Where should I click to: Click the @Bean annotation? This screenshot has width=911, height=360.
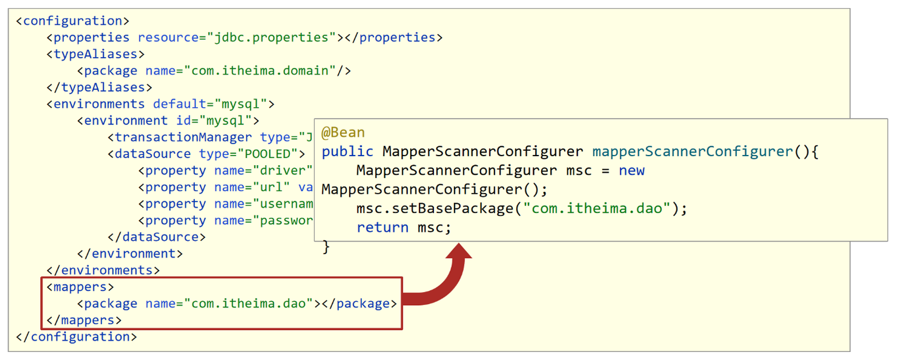pyautogui.click(x=343, y=132)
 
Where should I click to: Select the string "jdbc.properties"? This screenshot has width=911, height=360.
pyautogui.click(x=275, y=37)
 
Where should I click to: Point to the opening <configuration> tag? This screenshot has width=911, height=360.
pyautogui.click(x=73, y=21)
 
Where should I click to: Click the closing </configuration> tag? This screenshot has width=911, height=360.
pyautogui.click(x=76, y=337)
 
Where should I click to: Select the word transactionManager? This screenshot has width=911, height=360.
pyautogui.click(x=183, y=137)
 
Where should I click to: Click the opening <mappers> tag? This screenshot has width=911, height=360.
pyautogui.click(x=80, y=287)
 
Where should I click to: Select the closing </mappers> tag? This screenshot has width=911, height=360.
pyautogui.click(x=84, y=320)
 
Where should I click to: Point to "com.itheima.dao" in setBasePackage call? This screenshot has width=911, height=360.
pyautogui.click(x=597, y=209)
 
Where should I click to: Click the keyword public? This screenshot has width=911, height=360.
pyautogui.click(x=347, y=151)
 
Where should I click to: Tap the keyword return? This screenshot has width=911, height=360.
pyautogui.click(x=383, y=228)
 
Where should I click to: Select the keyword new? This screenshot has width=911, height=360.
pyautogui.click(x=632, y=170)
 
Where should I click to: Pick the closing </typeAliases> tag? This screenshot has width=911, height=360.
pyautogui.click(x=99, y=88)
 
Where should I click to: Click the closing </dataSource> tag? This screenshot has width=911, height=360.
pyautogui.click(x=156, y=237)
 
